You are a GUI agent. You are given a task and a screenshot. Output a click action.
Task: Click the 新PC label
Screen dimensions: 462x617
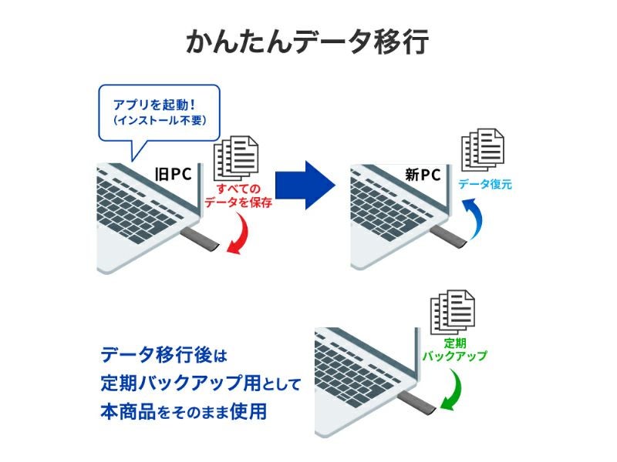pos(423,175)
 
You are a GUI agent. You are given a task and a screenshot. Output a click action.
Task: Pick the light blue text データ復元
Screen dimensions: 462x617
pos(484,185)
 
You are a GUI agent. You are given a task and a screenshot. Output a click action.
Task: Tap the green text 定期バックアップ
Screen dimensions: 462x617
pos(455,350)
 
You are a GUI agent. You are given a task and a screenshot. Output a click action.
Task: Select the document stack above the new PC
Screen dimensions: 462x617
pos(483,149)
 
